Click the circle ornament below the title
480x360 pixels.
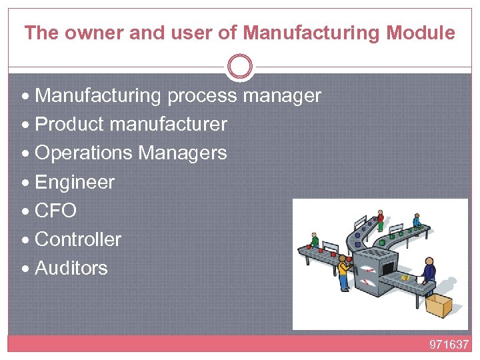[240, 67]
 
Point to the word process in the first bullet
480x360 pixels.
[202, 96]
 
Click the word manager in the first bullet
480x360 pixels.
[282, 96]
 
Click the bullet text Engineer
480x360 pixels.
[75, 182]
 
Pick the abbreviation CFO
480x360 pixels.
[55, 211]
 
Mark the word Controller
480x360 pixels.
[78, 239]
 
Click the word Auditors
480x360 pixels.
[71, 268]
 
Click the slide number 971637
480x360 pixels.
[449, 345]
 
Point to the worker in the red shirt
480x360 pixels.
[380, 219]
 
